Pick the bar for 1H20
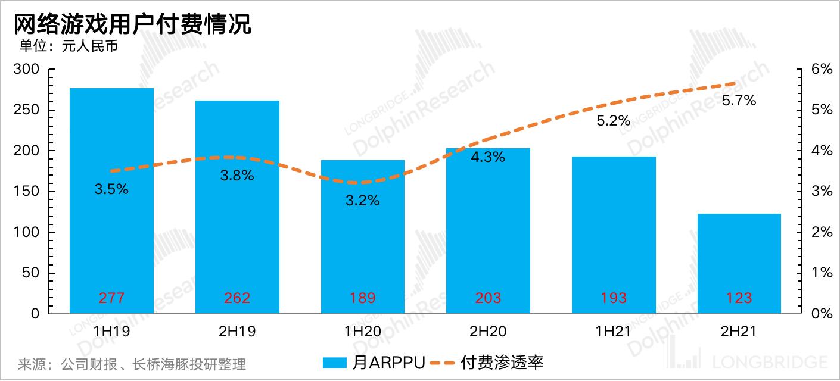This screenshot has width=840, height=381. click(363, 250)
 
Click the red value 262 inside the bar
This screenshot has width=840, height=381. click(237, 298)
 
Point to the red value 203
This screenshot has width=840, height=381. click(488, 298)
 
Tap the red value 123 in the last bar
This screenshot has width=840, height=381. click(739, 298)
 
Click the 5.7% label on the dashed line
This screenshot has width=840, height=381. click(739, 101)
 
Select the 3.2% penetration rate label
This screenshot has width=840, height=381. click(363, 200)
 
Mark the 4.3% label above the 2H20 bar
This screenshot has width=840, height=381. click(488, 157)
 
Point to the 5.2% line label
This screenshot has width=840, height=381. click(613, 121)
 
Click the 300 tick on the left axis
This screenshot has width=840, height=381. click(26, 70)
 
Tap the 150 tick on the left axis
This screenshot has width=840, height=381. click(26, 192)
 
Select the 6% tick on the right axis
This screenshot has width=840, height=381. click(821, 70)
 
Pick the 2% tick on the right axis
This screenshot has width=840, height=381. click(821, 232)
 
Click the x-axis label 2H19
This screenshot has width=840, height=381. click(237, 332)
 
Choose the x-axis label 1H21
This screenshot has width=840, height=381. click(613, 332)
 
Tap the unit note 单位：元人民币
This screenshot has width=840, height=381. click(69, 46)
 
